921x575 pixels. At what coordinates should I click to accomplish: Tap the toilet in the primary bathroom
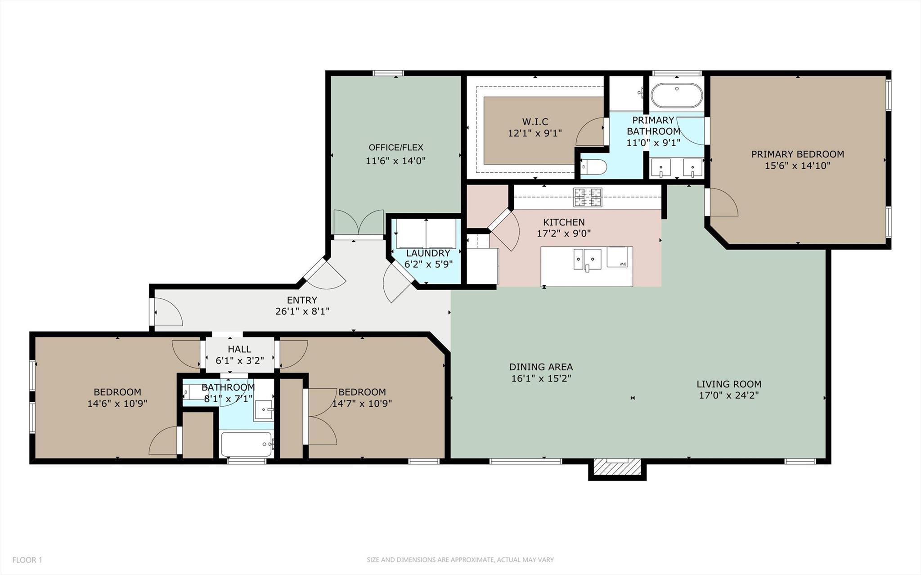(594, 167)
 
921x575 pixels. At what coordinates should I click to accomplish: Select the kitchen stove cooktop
(587, 197)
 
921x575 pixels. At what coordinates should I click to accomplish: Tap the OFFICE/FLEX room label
(396, 148)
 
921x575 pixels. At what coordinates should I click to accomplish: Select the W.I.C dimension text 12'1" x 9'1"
(535, 133)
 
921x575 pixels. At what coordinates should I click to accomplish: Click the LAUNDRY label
(428, 253)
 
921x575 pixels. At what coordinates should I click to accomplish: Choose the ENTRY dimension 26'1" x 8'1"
(302, 311)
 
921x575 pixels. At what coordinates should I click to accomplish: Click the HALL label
(239, 349)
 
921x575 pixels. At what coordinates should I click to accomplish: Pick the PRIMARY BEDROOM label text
(797, 154)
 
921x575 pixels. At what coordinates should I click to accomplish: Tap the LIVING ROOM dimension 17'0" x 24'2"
(729, 395)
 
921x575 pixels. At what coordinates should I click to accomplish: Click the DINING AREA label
(541, 367)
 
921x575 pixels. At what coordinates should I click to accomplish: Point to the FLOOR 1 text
(27, 560)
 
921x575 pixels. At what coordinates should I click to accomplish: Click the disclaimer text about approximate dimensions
(460, 560)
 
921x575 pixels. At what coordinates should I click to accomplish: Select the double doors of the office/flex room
(359, 223)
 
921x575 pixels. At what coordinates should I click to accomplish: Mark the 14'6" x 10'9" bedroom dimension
(117, 403)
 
